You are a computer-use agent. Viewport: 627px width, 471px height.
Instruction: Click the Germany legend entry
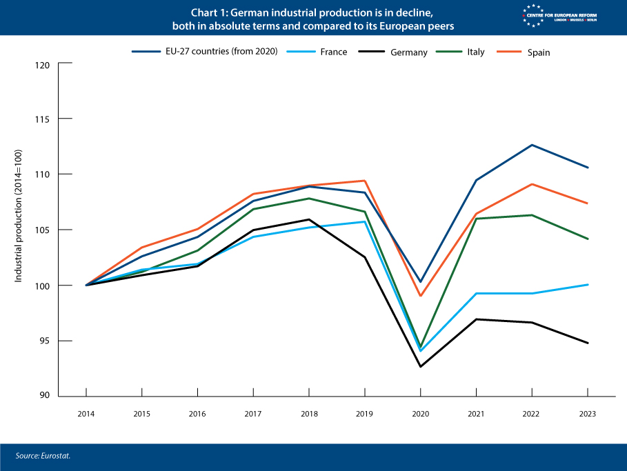pos(408,52)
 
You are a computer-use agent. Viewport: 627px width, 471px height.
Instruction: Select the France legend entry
pos(333,52)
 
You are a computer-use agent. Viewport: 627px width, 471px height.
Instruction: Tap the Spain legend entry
pos(539,52)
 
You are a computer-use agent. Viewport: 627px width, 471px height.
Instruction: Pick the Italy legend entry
pos(475,52)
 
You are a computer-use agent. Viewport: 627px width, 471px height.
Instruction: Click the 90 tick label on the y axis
pos(46,396)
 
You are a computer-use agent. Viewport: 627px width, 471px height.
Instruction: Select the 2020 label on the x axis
pos(420,414)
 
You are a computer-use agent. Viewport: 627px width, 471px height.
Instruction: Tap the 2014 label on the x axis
pos(86,414)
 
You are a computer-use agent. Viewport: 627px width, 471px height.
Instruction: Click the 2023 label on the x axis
pos(587,414)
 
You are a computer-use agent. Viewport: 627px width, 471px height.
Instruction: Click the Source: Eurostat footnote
pos(43,456)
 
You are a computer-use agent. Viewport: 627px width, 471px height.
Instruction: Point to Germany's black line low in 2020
pos(420,366)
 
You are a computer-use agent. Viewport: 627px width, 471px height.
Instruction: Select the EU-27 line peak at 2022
pos(532,145)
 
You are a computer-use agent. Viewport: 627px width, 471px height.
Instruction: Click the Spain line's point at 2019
pos(364,181)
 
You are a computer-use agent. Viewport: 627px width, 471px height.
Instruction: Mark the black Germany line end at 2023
pos(588,343)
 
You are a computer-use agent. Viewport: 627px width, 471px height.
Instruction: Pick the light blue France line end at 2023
pos(588,285)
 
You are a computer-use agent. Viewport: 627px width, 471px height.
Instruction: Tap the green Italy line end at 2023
pos(588,239)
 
